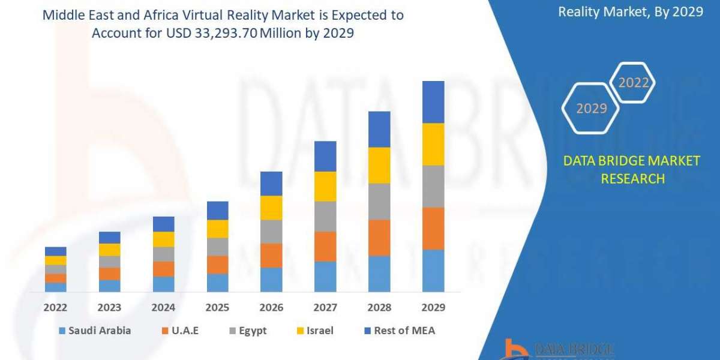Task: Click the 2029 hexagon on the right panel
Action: click(x=591, y=108)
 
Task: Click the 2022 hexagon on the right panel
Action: click(x=634, y=83)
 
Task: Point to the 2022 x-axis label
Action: click(x=55, y=308)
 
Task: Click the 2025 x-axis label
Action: click(x=217, y=308)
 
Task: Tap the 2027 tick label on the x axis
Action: click(x=325, y=308)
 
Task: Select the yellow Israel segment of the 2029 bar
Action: click(x=433, y=144)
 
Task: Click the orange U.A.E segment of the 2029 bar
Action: click(x=433, y=229)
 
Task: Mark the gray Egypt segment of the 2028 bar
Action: click(x=379, y=202)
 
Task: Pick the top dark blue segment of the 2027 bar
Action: click(x=325, y=156)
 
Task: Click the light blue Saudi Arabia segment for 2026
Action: click(x=271, y=280)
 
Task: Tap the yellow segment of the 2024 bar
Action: click(x=163, y=239)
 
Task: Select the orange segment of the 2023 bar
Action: click(x=109, y=274)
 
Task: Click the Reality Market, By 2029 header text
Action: click(x=630, y=11)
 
